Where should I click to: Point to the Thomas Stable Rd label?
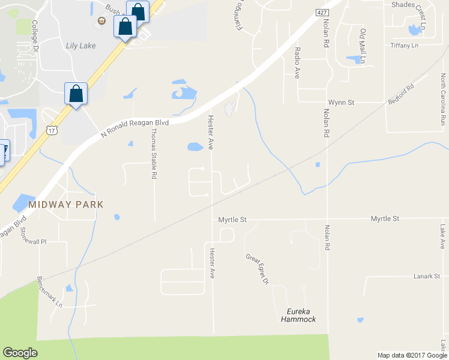click(154, 154)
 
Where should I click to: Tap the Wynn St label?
click(341, 103)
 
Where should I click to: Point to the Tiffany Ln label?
click(403, 46)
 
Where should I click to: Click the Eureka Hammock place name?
click(298, 315)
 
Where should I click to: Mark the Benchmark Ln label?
click(50, 292)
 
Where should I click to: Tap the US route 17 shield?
click(51, 129)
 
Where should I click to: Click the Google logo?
click(20, 353)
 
